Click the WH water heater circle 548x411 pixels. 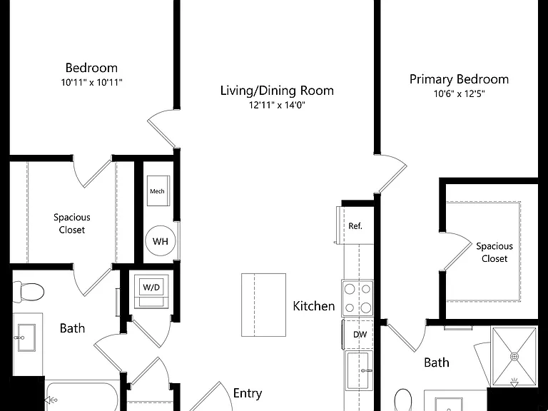click(x=161, y=240)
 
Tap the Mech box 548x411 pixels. click(x=158, y=191)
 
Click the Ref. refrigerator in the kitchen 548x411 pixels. click(x=355, y=225)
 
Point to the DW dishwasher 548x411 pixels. click(x=358, y=335)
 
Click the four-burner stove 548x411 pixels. click(x=357, y=298)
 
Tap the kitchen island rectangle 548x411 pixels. click(x=263, y=305)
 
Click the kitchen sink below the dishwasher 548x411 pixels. click(x=358, y=370)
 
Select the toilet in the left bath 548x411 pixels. click(x=29, y=291)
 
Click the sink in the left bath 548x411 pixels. click(x=26, y=338)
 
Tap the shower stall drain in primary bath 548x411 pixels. click(x=514, y=357)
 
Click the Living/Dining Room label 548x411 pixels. click(x=277, y=91)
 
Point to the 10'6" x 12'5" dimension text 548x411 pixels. click(x=460, y=93)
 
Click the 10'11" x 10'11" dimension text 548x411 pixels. click(x=91, y=83)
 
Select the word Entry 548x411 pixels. click(x=248, y=393)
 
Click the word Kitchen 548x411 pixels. click(x=313, y=306)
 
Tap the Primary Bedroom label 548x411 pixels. click(x=459, y=79)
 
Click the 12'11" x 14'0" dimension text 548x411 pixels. click(x=277, y=105)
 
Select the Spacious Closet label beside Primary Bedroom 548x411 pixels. click(x=494, y=253)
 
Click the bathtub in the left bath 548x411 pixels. click(x=81, y=397)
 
